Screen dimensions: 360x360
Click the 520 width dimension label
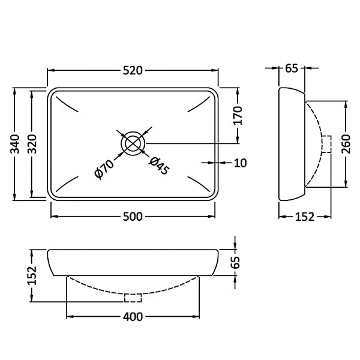[133, 70]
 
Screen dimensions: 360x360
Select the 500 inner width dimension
[133, 217]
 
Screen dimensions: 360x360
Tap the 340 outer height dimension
[16, 144]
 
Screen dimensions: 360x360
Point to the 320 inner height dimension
[32, 144]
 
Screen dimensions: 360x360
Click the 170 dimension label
[238, 115]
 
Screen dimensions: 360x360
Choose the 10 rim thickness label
[241, 163]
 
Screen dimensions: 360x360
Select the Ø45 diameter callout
[159, 166]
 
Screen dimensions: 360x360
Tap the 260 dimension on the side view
[346, 144]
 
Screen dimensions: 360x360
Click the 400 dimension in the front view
[133, 317]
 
